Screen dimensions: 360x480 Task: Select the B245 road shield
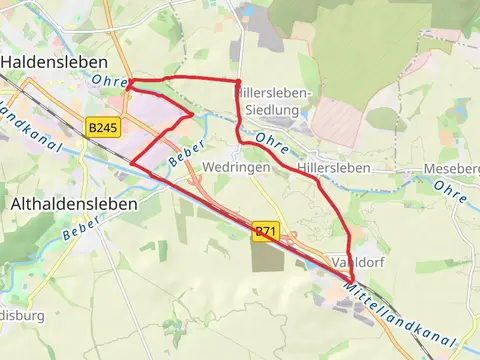pos(102,128)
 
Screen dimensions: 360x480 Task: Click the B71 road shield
pos(264,231)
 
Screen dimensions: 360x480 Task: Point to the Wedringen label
pos(236,168)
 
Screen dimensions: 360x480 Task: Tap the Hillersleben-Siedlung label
pos(274,101)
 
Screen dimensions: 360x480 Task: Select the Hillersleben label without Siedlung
pos(334,168)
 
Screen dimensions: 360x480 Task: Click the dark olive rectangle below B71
pos(269,256)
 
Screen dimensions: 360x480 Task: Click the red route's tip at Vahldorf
pos(352,281)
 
